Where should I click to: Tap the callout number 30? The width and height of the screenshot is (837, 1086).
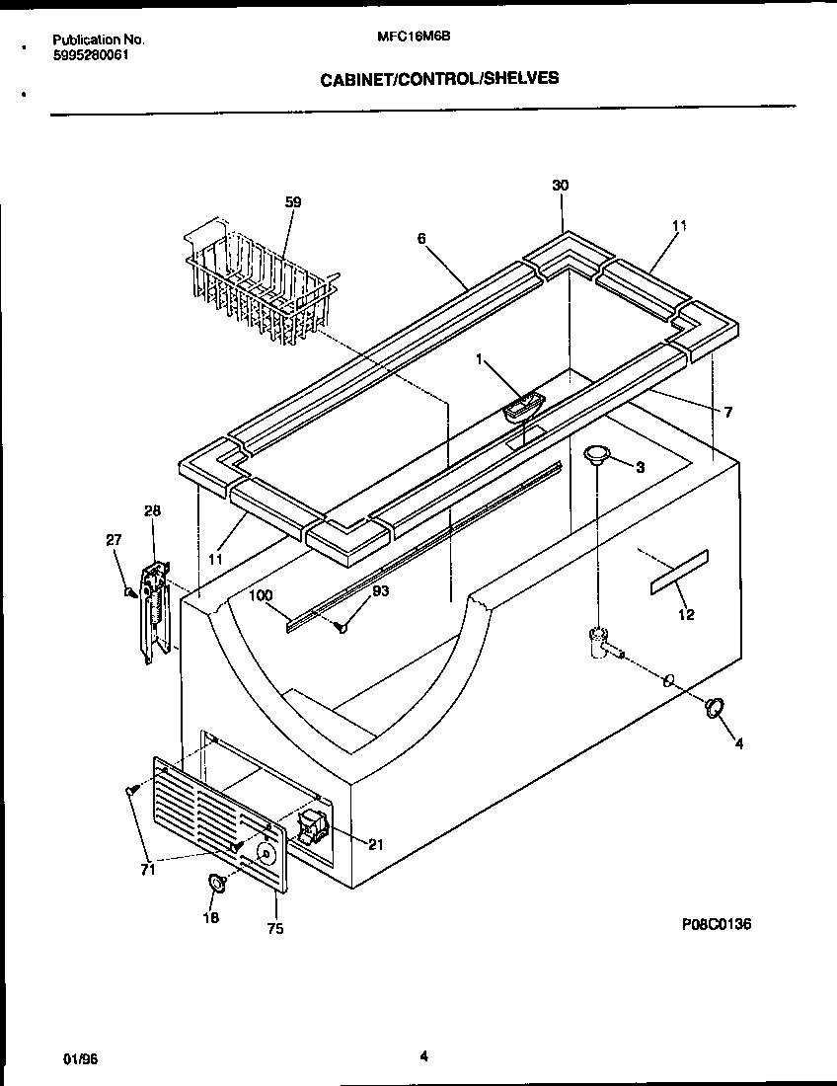(x=560, y=186)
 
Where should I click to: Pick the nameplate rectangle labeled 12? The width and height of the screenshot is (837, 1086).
(x=679, y=573)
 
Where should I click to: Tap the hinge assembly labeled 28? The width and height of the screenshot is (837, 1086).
(x=153, y=610)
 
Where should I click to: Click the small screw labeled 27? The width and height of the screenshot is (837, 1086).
(x=129, y=591)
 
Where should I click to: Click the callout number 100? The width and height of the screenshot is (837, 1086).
(x=261, y=594)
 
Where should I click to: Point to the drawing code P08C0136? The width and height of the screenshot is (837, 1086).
(x=717, y=925)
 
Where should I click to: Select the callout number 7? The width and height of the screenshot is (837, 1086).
(x=727, y=413)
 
